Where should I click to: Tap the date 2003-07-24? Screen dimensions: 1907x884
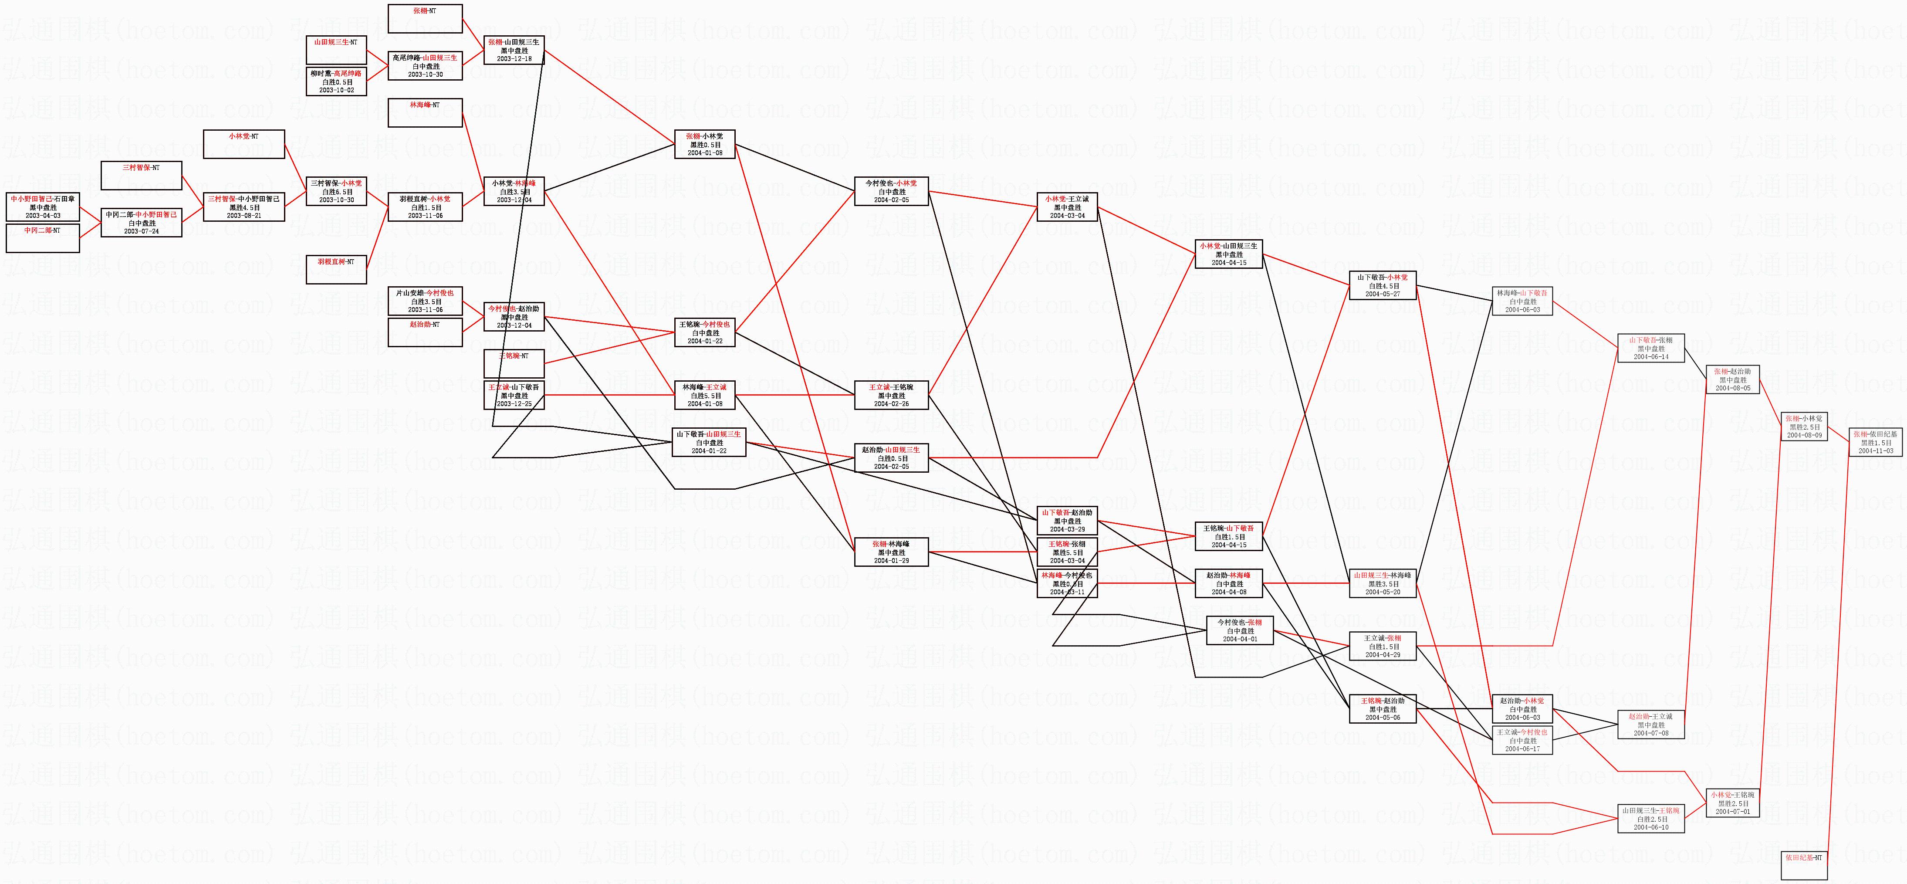tap(142, 231)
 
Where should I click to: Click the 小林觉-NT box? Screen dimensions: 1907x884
tap(243, 144)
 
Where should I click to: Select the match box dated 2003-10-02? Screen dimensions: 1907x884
tap(336, 81)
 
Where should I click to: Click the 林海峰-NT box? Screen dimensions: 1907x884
tap(425, 112)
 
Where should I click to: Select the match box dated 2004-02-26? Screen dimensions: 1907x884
tap(891, 395)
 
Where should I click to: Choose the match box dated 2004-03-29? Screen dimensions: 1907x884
tap(1067, 521)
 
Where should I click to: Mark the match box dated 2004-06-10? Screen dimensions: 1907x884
tap(1651, 819)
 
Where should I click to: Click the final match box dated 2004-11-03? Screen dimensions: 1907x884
tap(1875, 442)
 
